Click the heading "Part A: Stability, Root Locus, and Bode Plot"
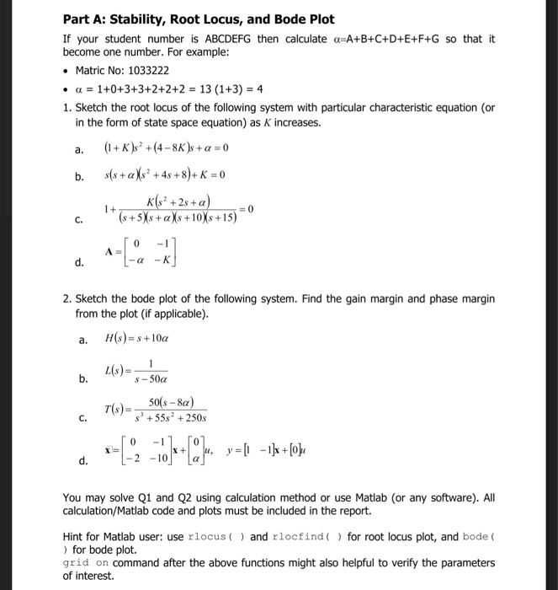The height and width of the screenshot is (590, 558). (199, 19)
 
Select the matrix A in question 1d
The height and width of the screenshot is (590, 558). (141, 254)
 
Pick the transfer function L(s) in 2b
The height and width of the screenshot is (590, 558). (136, 373)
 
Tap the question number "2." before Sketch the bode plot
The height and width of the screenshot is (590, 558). (67, 299)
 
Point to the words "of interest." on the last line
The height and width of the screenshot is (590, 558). (89, 576)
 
